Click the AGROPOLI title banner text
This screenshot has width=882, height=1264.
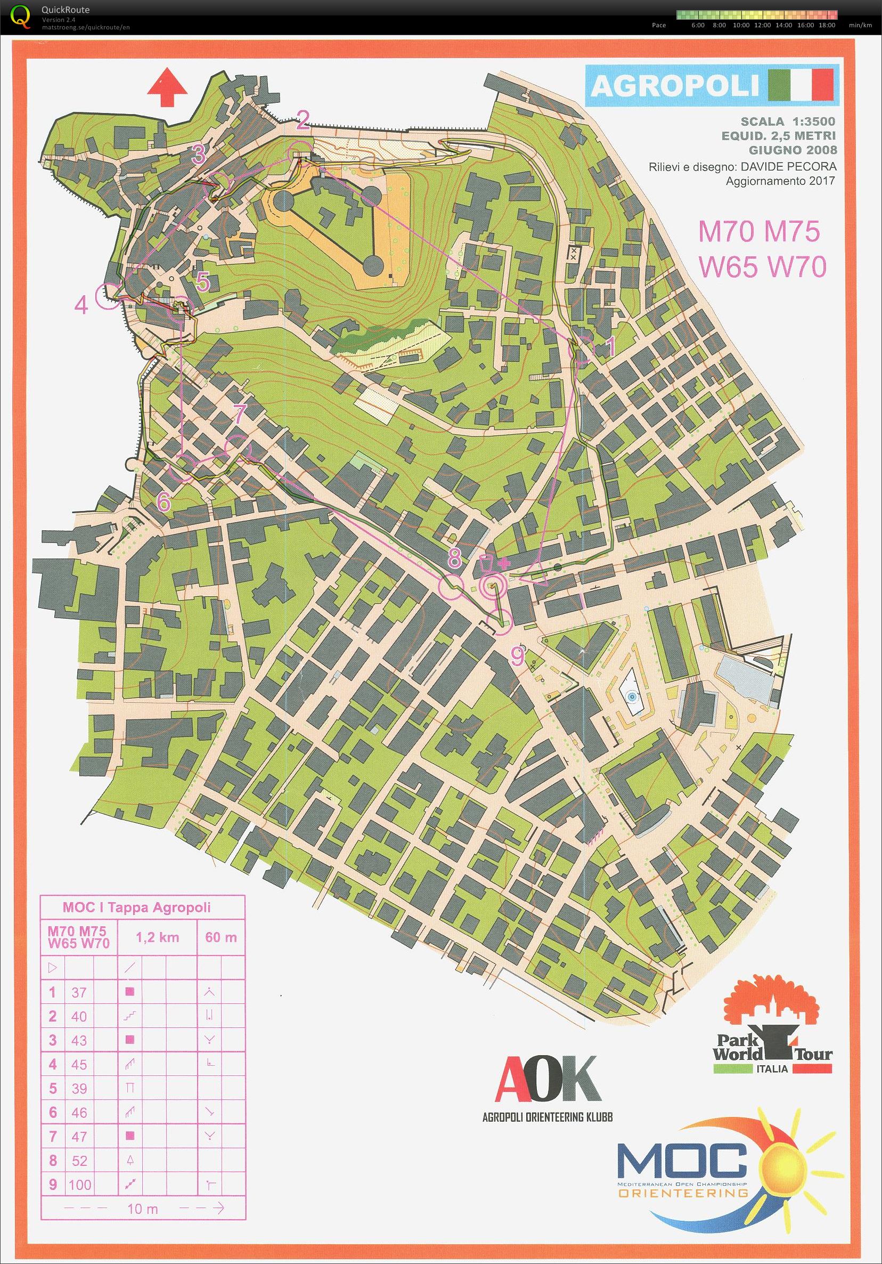tap(676, 86)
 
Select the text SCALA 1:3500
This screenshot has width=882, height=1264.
tap(788, 121)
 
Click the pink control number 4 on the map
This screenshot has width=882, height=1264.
tap(81, 304)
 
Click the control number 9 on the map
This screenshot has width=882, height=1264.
tap(518, 656)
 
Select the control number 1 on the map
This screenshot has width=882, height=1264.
tap(609, 347)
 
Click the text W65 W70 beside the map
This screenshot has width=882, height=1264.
tap(762, 267)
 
